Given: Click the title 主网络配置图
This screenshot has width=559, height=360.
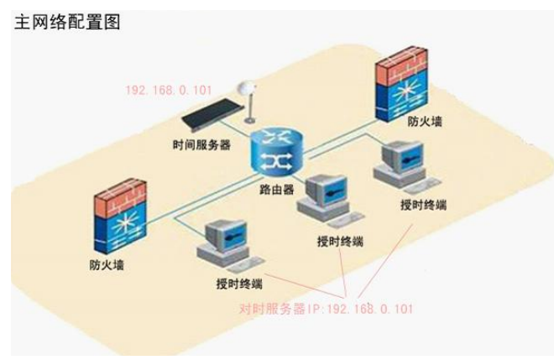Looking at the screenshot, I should [68, 22].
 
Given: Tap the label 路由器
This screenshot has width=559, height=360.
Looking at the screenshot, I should [277, 190].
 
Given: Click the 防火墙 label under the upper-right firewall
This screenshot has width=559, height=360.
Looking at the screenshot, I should [426, 122].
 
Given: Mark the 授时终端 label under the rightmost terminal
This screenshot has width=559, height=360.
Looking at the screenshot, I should [425, 205].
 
